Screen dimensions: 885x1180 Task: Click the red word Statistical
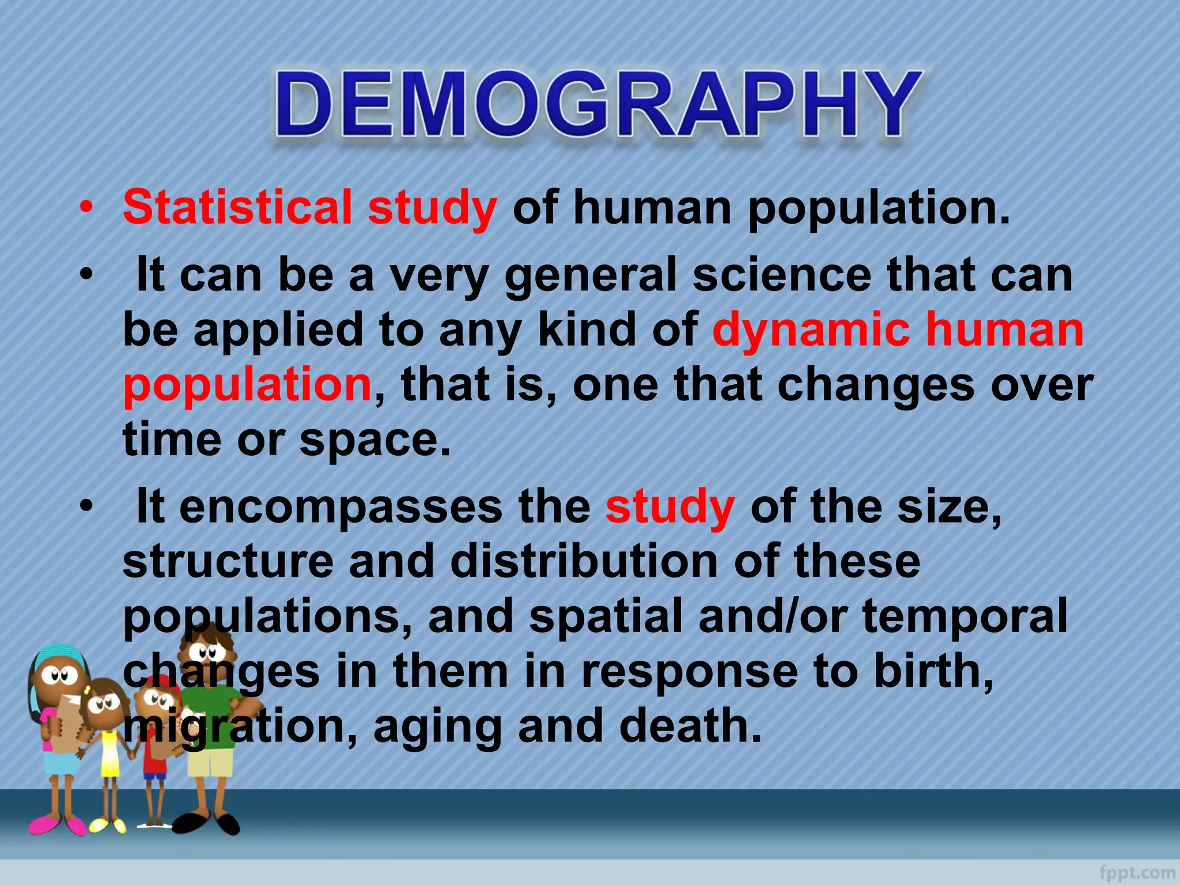(x=237, y=207)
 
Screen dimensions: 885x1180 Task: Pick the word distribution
(x=584, y=561)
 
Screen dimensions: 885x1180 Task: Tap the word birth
(x=933, y=671)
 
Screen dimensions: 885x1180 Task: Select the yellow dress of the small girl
(x=109, y=755)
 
